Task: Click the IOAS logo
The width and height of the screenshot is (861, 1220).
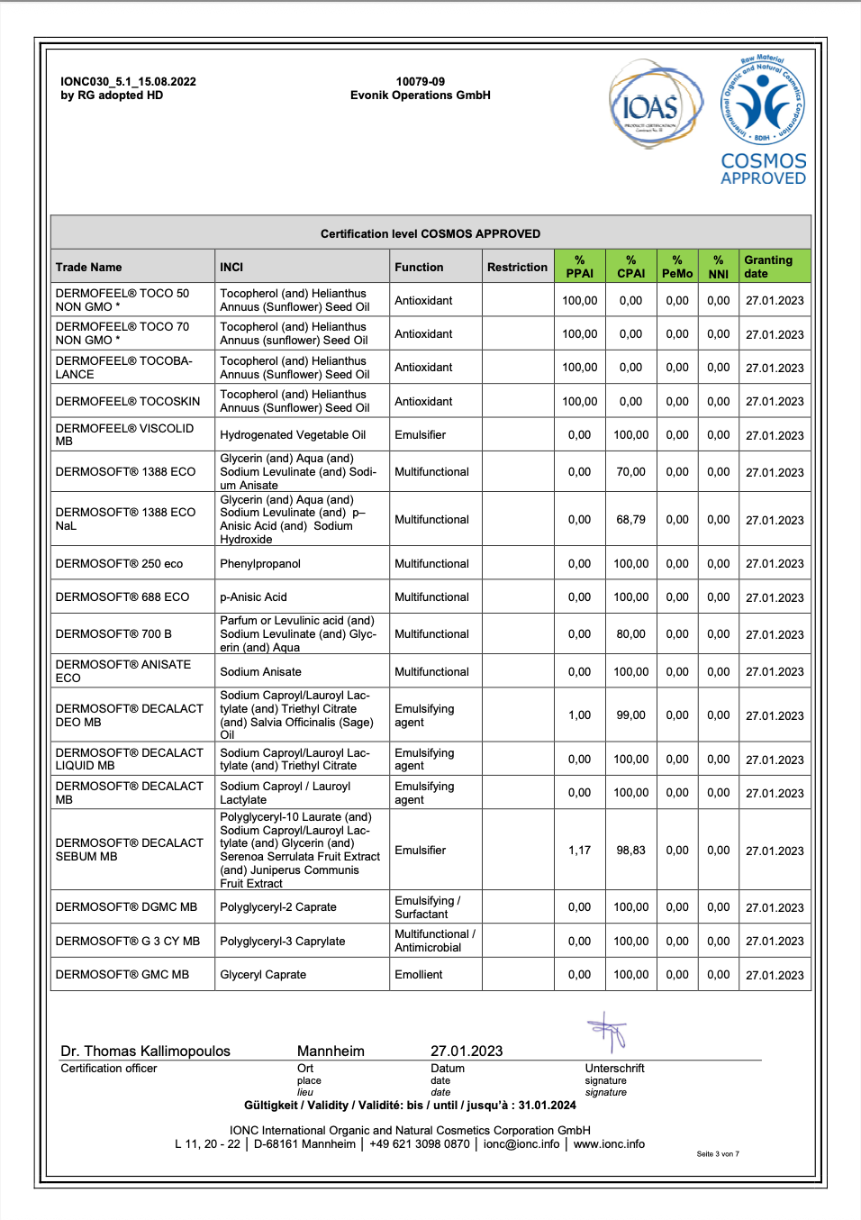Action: point(655,105)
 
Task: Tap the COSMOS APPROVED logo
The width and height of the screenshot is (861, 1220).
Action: point(763,121)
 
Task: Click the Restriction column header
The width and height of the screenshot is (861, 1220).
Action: point(517,267)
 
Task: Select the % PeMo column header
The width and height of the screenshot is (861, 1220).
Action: point(677,267)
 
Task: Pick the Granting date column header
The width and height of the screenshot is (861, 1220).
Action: point(768,267)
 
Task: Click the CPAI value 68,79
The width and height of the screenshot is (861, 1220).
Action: point(630,520)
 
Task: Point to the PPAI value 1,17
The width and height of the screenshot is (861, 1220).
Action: point(579,851)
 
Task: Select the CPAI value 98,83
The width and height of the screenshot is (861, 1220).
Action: point(630,851)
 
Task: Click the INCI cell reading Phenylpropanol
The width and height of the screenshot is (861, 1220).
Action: point(260,564)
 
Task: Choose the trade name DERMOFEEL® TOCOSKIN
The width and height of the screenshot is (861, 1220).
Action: point(128,402)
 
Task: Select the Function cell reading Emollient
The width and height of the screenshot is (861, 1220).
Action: point(419,975)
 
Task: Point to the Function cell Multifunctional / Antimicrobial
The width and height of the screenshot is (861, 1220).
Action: point(435,941)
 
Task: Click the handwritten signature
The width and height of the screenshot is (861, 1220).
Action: point(608,1031)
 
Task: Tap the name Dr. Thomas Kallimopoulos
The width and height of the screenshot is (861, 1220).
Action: point(145,1051)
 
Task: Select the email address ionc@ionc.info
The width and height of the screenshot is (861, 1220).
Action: point(521,1144)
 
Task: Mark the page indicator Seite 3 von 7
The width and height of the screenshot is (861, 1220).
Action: point(718,1153)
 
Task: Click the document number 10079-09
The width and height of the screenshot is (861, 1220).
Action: point(421,81)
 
